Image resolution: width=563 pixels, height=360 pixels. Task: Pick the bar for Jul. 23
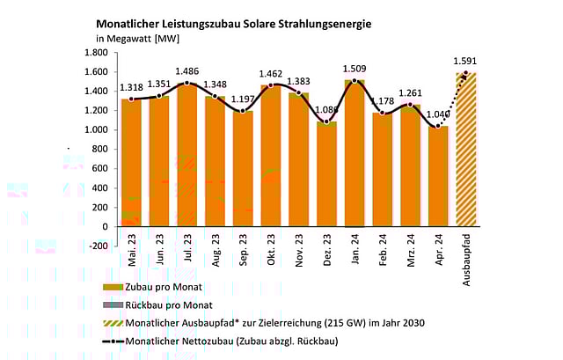(186, 155)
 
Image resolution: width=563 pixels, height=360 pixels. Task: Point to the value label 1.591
(466, 60)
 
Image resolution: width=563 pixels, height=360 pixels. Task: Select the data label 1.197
(243, 96)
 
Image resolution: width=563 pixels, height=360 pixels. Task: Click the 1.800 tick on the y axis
(94, 53)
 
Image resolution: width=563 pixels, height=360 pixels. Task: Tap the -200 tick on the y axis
(96, 246)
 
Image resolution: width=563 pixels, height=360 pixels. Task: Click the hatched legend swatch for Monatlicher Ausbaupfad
(109, 323)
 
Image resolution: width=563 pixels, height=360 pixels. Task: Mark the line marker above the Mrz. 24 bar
(411, 106)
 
